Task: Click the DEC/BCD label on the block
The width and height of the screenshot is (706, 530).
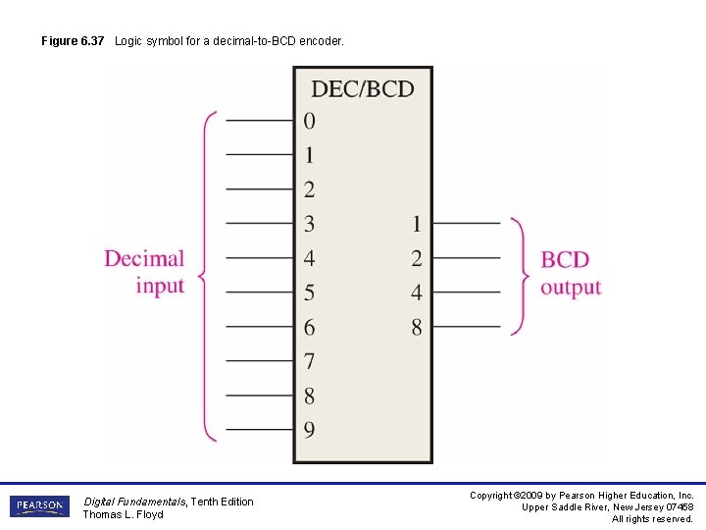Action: coord(363,89)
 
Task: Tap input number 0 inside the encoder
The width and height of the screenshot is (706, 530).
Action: coord(310,121)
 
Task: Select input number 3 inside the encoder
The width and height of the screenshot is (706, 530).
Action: coord(310,224)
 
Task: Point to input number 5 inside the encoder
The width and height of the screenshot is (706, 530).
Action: coord(310,292)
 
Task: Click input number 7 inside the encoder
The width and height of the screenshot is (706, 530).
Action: coord(310,361)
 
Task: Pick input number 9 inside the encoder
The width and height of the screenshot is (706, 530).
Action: coord(310,430)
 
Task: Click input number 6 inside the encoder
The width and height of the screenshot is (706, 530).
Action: coord(310,327)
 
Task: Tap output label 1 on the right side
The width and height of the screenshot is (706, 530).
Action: coord(417,224)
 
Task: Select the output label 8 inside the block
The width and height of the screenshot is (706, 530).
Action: coord(417,327)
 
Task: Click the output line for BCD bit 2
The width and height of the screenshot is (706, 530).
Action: coord(467,258)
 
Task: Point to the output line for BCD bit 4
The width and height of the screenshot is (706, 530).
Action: coord(467,292)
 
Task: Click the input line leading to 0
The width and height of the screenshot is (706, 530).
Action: coord(260,121)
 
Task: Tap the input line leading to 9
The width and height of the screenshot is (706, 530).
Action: coord(260,430)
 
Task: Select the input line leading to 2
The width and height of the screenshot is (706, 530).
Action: coord(260,189)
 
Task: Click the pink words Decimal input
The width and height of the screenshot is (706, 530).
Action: coord(145,272)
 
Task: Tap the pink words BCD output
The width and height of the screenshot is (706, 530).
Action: coord(570,273)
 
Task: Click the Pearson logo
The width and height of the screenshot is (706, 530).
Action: coord(39,506)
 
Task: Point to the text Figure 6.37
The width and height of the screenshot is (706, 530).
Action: coord(74,41)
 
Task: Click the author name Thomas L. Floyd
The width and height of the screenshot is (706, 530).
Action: coord(123,514)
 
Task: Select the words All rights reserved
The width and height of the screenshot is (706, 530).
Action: coord(652,519)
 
